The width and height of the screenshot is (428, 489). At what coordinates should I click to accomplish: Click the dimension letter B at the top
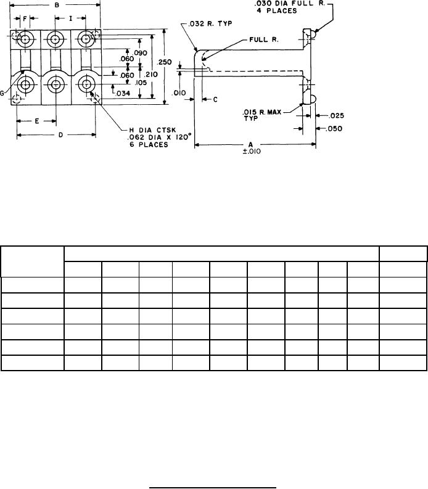click(x=57, y=6)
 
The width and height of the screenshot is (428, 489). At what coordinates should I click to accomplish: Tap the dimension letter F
click(x=25, y=18)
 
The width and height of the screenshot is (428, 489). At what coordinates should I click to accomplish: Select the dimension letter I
click(x=71, y=18)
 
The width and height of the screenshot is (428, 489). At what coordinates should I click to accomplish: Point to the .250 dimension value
click(x=164, y=62)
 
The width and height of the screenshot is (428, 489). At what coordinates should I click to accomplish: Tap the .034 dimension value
click(x=123, y=94)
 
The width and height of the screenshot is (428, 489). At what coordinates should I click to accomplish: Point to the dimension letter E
click(x=36, y=121)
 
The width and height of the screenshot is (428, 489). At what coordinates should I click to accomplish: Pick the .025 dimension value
click(x=336, y=115)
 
